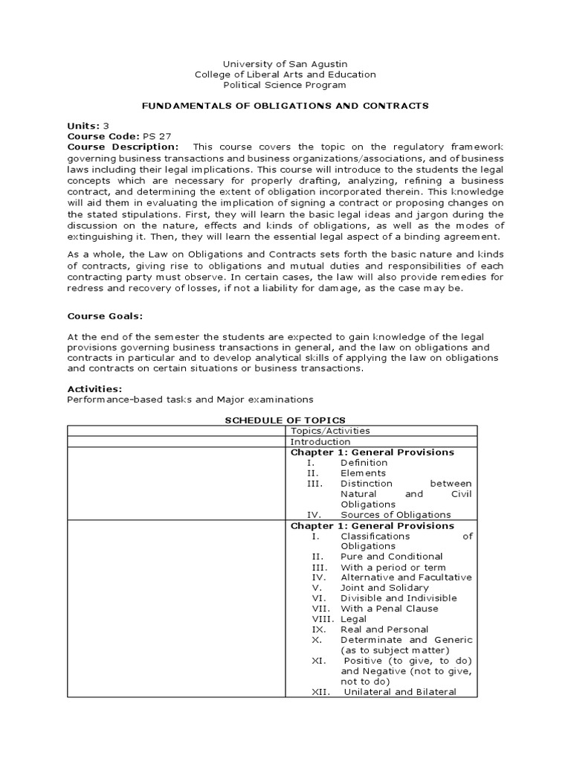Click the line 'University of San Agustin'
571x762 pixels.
[x=285, y=64]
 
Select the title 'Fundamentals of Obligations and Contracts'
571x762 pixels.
[x=285, y=106]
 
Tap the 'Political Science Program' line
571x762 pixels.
[x=285, y=85]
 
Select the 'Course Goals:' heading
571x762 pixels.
[x=105, y=316]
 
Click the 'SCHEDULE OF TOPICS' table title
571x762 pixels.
[x=285, y=420]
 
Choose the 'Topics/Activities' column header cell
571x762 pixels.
[x=330, y=431]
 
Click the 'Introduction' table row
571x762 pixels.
[x=320, y=441]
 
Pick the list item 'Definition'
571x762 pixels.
[x=364, y=462]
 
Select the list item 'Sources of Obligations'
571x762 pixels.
[x=396, y=514]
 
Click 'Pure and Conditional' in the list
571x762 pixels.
[x=391, y=556]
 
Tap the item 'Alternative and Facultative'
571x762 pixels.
[x=406, y=577]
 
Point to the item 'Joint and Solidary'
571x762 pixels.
[x=384, y=587]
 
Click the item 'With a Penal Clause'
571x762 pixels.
[x=390, y=608]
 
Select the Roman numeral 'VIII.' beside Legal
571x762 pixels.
[x=323, y=618]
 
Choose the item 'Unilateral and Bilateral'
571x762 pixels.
[x=400, y=691]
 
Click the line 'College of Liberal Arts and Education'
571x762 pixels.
[x=285, y=74]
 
